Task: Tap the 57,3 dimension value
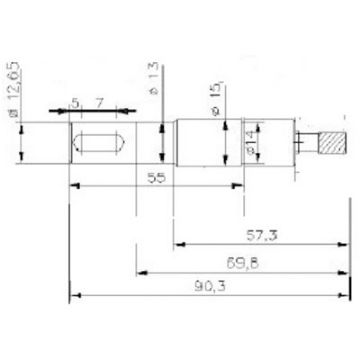click(261, 235)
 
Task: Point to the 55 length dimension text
click(155, 176)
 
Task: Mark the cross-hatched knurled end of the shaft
click(330, 143)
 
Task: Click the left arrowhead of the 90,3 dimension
click(74, 296)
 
